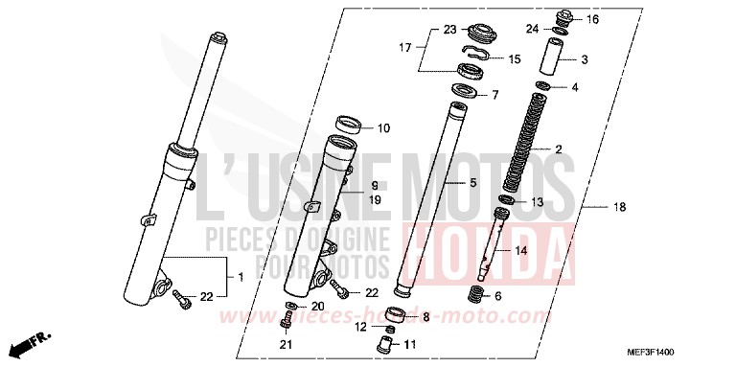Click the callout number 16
[x=592, y=19]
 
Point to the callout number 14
[x=521, y=251]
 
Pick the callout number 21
[x=284, y=344]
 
